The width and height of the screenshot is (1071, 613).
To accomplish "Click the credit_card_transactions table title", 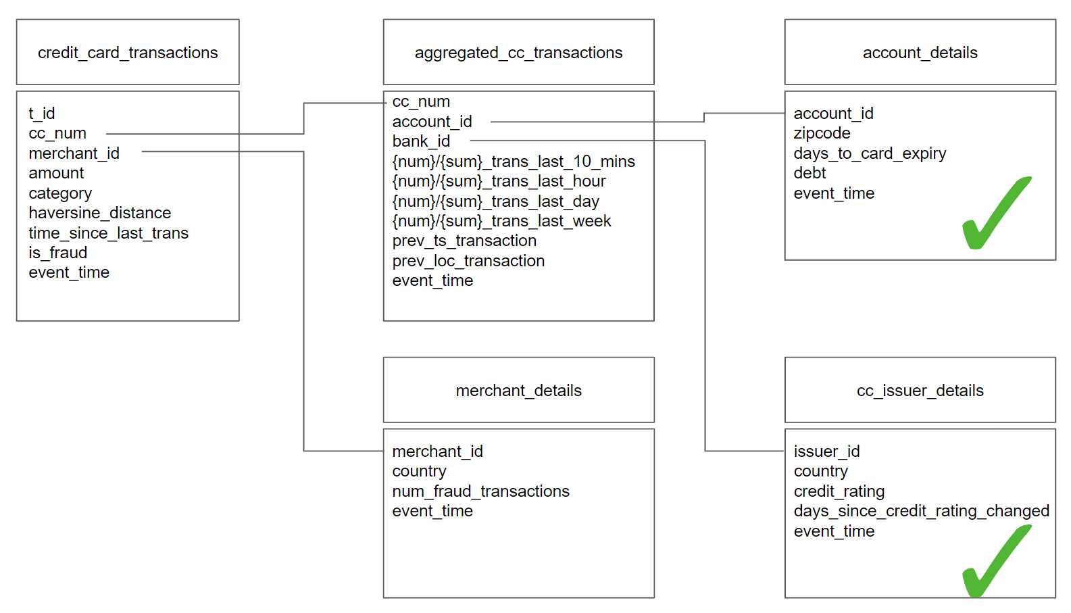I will [x=128, y=53].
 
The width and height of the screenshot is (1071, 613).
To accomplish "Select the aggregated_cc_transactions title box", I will [x=518, y=53].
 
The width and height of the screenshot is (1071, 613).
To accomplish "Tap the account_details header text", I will [x=920, y=53].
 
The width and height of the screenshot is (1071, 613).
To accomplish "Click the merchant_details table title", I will [x=518, y=391].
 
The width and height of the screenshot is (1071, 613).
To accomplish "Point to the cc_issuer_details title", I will [x=920, y=391].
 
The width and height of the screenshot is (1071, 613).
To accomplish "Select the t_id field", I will [x=42, y=114].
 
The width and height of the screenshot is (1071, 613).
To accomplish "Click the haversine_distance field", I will [x=100, y=213].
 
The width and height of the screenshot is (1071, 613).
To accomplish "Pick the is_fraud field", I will [x=58, y=253].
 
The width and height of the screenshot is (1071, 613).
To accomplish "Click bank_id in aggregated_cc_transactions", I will [x=421, y=141].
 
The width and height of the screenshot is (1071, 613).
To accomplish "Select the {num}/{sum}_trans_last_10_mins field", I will [x=514, y=162].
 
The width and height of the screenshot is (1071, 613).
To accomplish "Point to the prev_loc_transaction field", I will [x=468, y=261].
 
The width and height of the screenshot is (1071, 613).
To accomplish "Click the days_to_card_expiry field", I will [x=870, y=153].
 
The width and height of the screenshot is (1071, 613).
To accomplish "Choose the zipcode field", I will [x=822, y=133].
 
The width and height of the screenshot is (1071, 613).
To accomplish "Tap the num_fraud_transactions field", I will [x=480, y=491].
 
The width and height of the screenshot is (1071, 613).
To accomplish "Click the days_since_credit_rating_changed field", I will [x=921, y=511].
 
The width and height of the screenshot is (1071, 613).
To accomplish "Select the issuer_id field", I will [x=826, y=451].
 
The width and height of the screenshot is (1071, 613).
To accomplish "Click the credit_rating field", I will [x=839, y=491].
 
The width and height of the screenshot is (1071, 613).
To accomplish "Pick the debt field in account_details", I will [x=810, y=173].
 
